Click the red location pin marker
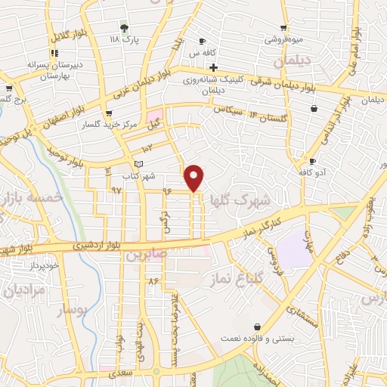(194, 176)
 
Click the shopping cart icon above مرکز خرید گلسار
(111, 113)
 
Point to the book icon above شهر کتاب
(137, 163)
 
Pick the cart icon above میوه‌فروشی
(284, 26)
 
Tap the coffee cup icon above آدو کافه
(312, 162)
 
